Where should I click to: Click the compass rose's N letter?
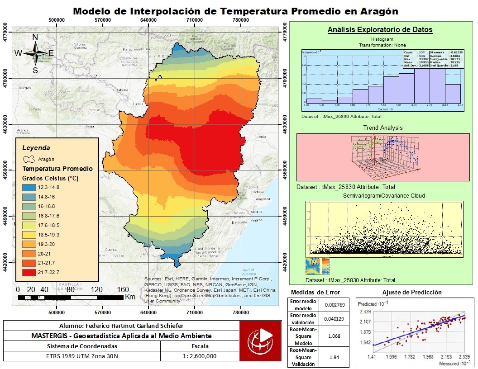coord(35,37)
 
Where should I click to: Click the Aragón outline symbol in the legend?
coord(29,159)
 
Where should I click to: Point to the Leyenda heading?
coord(36,148)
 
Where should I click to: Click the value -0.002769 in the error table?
coord(335,305)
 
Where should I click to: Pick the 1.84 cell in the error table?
coord(335,358)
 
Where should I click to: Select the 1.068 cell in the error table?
coord(335,336)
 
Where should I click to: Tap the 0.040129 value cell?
coord(335,319)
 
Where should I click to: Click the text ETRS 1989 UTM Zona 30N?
coord(82,356)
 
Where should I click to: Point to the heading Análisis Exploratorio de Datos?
coord(380,30)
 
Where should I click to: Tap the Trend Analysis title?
coord(383,128)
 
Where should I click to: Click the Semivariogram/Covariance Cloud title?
coord(383,196)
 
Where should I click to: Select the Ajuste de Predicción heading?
coord(412,293)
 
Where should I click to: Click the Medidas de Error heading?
coord(315,293)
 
